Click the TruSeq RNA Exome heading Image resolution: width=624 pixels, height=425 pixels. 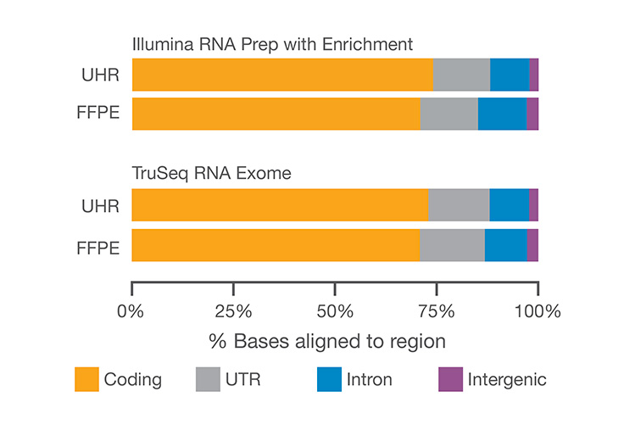click(211, 173)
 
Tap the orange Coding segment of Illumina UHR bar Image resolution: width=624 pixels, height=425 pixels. click(282, 75)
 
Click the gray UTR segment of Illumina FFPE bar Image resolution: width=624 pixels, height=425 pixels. click(448, 114)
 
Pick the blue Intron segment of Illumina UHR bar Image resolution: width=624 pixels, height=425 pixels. click(510, 75)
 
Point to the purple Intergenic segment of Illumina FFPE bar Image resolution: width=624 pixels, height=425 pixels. click(532, 114)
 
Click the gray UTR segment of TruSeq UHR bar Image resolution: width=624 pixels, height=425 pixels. click(459, 205)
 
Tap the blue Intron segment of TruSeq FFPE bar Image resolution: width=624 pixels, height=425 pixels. click(505, 246)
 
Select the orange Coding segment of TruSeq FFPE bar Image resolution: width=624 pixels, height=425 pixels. click(276, 246)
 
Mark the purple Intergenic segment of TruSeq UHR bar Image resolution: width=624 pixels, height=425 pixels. click(533, 205)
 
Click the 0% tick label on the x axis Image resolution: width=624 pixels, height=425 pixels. click(131, 310)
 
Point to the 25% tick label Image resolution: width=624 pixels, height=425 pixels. click(233, 310)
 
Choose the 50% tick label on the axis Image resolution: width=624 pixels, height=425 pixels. click(335, 310)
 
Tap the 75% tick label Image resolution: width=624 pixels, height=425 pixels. click(437, 310)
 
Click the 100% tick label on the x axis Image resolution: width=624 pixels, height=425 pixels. click(538, 310)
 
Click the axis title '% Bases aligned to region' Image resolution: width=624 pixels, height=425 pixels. click(327, 341)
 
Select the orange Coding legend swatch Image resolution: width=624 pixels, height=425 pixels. click(86, 379)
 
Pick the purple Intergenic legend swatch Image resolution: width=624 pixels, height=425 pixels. click(449, 379)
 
